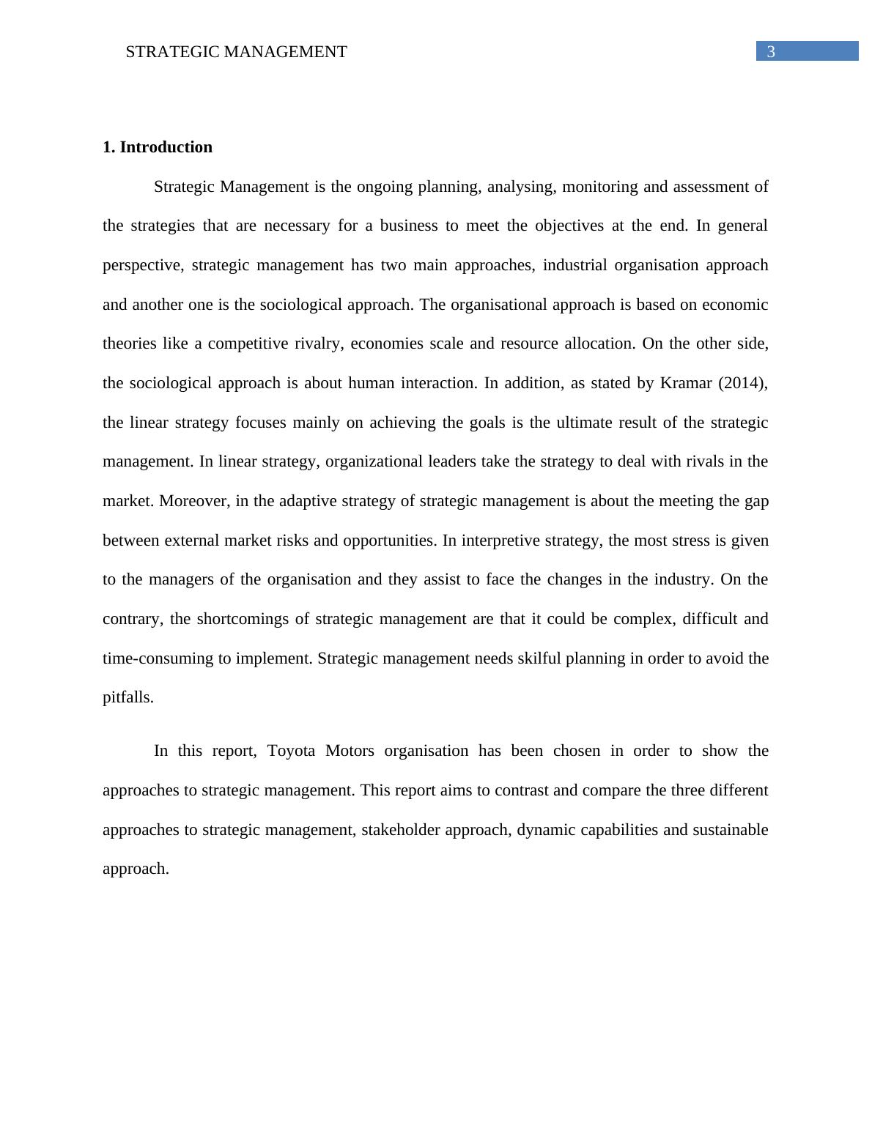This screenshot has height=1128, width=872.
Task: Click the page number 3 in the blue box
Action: pyautogui.click(x=771, y=51)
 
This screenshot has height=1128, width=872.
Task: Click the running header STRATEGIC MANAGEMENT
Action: pyautogui.click(x=236, y=52)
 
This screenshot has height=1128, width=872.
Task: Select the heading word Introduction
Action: pyautogui.click(x=166, y=147)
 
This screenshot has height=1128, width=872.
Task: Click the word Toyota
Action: pyautogui.click(x=292, y=751)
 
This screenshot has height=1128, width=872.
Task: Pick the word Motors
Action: pyautogui.click(x=350, y=751)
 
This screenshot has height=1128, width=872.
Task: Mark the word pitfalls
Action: pyautogui.click(x=128, y=697)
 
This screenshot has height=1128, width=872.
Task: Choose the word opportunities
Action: pyautogui.click(x=389, y=541)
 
